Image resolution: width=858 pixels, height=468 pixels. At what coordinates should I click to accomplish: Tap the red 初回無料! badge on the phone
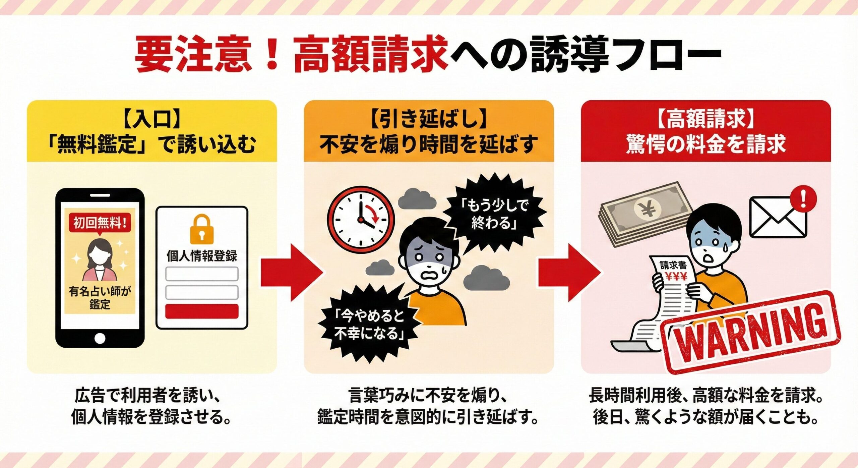coord(100,222)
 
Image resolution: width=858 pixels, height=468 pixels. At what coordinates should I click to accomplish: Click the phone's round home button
coord(100,338)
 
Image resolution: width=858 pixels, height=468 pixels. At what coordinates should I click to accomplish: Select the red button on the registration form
coord(202,311)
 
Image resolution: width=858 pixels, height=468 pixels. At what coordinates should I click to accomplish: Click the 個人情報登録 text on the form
coord(202,256)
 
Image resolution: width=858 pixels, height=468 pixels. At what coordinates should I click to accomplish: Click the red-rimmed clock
coord(361,220)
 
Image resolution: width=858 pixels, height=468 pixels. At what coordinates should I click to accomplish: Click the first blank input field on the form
coord(202,274)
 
